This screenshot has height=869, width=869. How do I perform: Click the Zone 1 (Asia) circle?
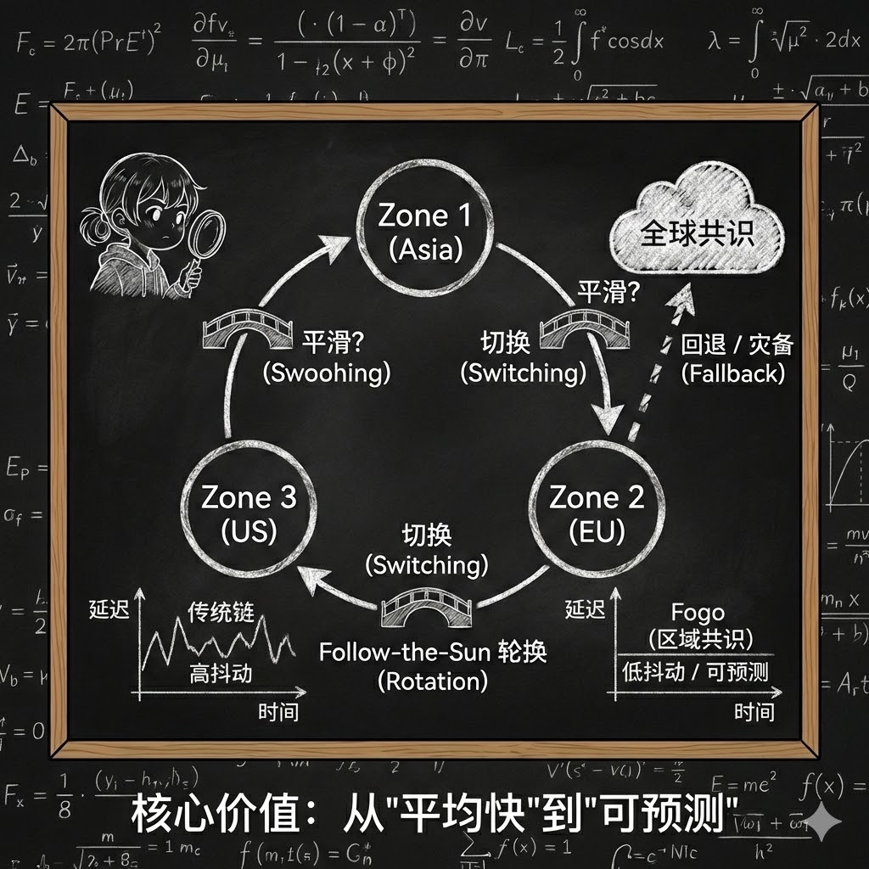[x=424, y=229]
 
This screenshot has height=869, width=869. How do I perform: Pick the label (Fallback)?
[x=733, y=373]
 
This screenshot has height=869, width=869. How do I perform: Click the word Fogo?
[x=698, y=612]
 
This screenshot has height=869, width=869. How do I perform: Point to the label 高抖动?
[x=221, y=675]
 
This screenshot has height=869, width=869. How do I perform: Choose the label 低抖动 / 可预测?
[x=694, y=671]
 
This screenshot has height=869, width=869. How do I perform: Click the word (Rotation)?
[x=433, y=680]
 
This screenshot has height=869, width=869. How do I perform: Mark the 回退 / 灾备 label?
[x=737, y=345]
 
